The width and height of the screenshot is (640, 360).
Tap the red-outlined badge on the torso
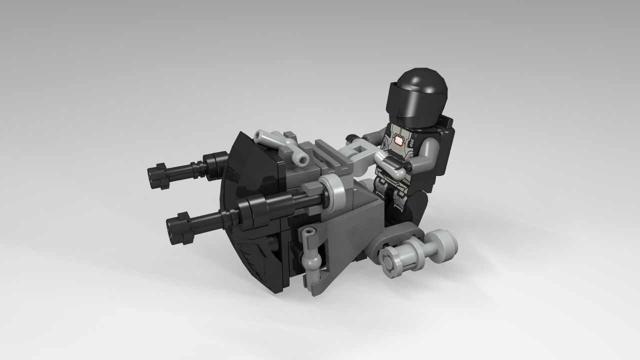pos(399,140)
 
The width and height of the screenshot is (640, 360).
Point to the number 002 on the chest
pos(411,142)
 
